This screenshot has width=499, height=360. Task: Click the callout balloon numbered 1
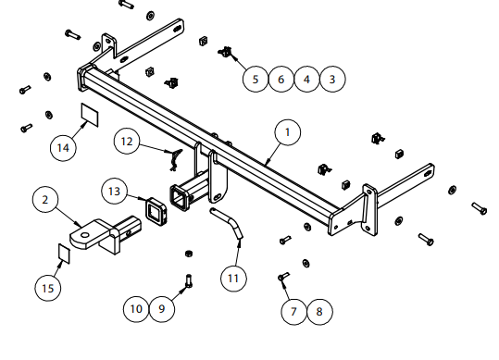pyautogui.click(x=288, y=132)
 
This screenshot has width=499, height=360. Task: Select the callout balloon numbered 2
pyautogui.click(x=45, y=200)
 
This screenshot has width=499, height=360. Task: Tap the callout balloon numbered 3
pyautogui.click(x=332, y=80)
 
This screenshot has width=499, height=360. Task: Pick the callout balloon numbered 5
pyautogui.click(x=256, y=80)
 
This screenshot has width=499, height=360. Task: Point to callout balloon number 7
pyautogui.click(x=293, y=312)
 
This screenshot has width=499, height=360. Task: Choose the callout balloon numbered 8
pyautogui.click(x=319, y=312)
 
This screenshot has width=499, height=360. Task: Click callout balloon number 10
pyautogui.click(x=136, y=309)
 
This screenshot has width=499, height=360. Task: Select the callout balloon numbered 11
pyautogui.click(x=233, y=279)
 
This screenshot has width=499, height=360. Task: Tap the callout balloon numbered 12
pyautogui.click(x=127, y=142)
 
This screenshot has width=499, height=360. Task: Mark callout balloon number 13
pyautogui.click(x=114, y=192)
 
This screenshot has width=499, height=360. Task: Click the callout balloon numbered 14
pyautogui.click(x=63, y=148)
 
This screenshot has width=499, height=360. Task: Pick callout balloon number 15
pyautogui.click(x=48, y=289)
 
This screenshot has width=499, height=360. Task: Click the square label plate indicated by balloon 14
pyautogui.click(x=90, y=115)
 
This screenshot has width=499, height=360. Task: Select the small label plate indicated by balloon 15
pyautogui.click(x=64, y=254)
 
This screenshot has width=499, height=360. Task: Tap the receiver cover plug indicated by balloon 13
pyautogui.click(x=156, y=209)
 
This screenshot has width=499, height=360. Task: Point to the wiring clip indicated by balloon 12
pyautogui.click(x=175, y=159)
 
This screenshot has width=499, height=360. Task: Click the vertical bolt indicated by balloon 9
pyautogui.click(x=189, y=280)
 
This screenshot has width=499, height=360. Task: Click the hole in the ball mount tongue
pyautogui.click(x=84, y=235)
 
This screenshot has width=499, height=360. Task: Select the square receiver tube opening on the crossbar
pyautogui.click(x=180, y=198)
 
